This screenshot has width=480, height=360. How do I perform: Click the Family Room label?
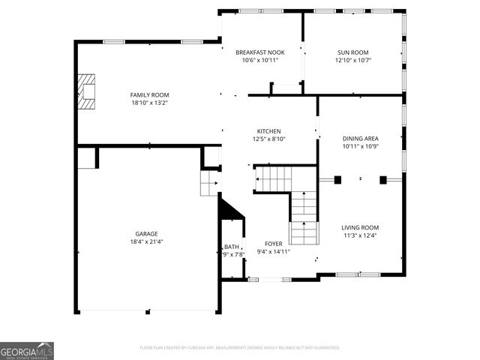coord(149,94)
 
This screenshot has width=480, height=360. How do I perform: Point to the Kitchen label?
coord(268,130)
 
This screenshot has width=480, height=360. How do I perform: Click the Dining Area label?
coord(360,139)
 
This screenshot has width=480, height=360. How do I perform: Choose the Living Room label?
coord(360,227)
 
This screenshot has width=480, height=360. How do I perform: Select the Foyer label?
coord(272,244)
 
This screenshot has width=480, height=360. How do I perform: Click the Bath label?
coord(231,247)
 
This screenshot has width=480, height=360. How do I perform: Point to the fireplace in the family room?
coord(89,91)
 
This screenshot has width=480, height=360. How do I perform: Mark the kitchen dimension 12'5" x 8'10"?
coord(268,139)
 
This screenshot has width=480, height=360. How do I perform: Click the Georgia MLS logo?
coord(27,351)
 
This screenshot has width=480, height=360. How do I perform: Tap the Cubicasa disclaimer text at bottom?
coord(240,347)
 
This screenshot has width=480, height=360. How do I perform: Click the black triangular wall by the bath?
coord(227,209)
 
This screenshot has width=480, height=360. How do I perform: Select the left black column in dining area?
coord(337,179)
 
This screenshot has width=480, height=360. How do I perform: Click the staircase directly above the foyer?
coord(303,217)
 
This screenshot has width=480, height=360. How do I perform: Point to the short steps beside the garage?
coord(208,183)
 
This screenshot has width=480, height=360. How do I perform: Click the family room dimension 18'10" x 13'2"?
coord(149,103)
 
